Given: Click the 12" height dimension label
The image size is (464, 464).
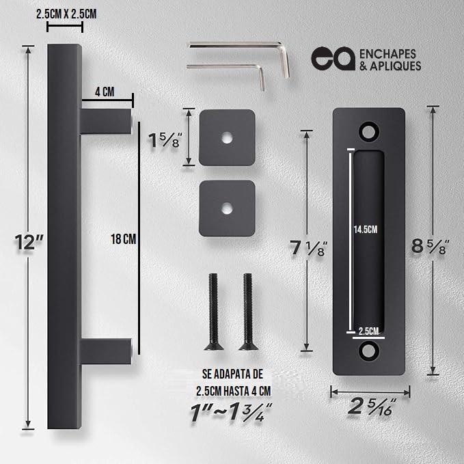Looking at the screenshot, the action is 29,242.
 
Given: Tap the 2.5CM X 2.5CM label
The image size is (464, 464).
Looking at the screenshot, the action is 66,14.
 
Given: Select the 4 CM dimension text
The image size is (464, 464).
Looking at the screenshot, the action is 105,92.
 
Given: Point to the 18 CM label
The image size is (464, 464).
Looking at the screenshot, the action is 124,239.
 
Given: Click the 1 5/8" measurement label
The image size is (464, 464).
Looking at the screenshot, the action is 165,140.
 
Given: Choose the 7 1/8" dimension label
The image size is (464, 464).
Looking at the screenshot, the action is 308,248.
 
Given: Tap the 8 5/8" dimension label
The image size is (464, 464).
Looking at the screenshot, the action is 431,246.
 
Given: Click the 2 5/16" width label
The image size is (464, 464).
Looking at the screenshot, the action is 372,407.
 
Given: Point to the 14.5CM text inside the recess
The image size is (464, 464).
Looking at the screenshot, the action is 366,230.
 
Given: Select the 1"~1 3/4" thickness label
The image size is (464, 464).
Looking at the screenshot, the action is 231,411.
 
